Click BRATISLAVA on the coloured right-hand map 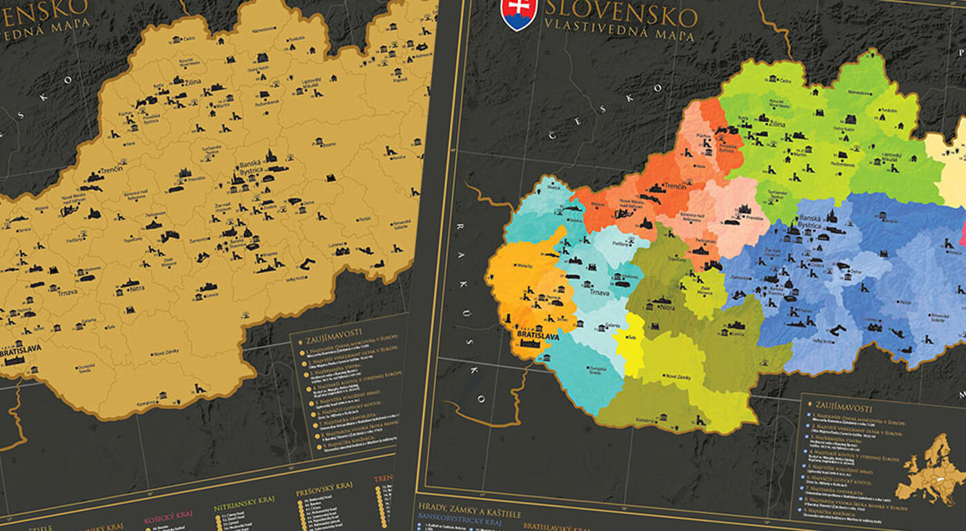point(538,336)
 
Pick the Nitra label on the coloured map point(667,307)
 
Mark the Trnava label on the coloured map point(598,292)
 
